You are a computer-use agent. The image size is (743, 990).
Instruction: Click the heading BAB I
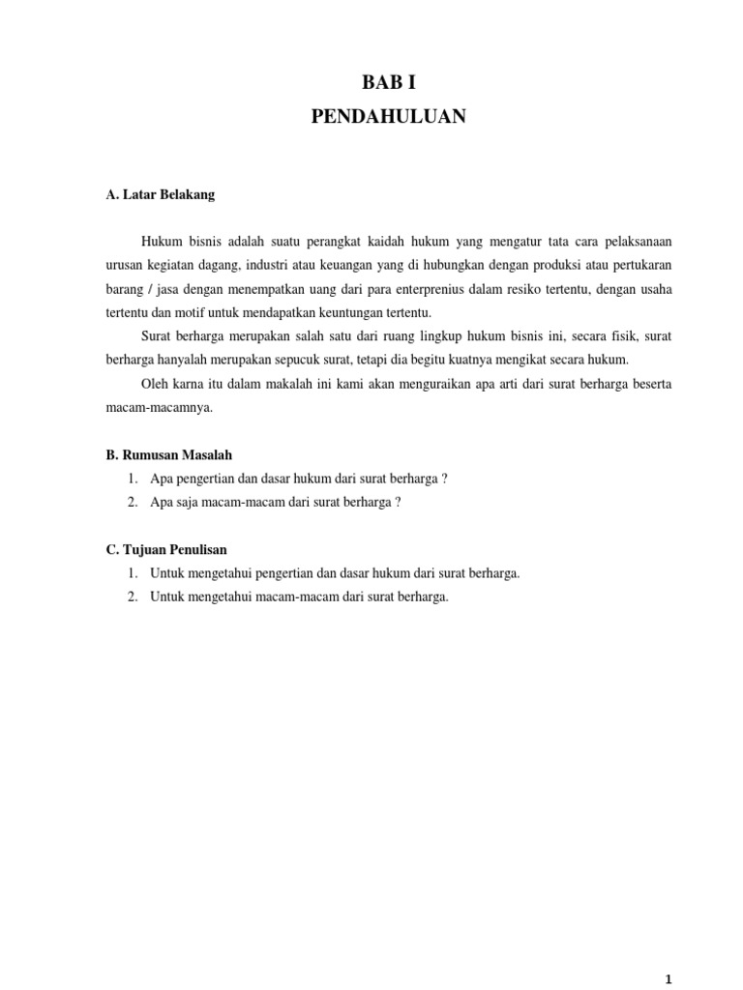[389, 83]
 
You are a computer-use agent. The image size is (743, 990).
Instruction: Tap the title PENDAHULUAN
[389, 116]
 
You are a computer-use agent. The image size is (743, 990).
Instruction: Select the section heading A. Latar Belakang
[161, 194]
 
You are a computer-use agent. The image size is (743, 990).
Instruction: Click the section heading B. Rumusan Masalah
[169, 454]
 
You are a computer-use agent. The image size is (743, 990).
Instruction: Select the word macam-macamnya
[159, 408]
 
